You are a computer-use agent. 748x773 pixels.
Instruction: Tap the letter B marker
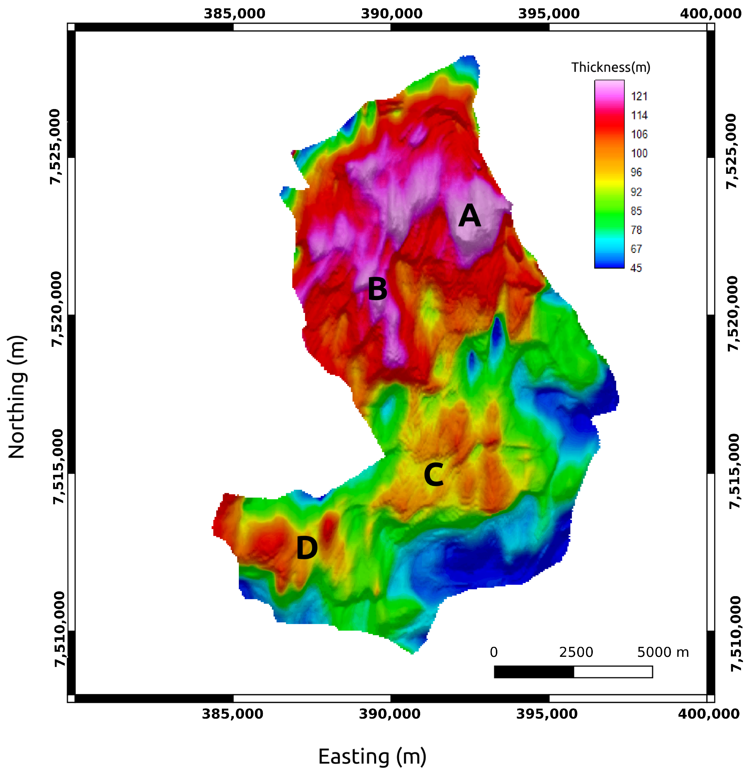[x=377, y=289]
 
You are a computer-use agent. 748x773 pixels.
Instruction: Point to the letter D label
[x=307, y=548]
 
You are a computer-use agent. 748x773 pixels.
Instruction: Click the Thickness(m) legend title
[x=610, y=67]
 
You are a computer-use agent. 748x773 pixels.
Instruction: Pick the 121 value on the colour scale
[x=639, y=96]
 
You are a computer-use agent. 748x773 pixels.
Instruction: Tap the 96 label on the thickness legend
[x=636, y=172]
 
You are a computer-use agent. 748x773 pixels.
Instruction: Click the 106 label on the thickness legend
[x=639, y=135]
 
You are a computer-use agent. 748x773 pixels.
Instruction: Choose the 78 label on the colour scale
[x=636, y=230]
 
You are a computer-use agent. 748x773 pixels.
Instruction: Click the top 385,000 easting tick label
[x=234, y=14]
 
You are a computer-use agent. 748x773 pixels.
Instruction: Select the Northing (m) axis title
[x=17, y=397]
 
